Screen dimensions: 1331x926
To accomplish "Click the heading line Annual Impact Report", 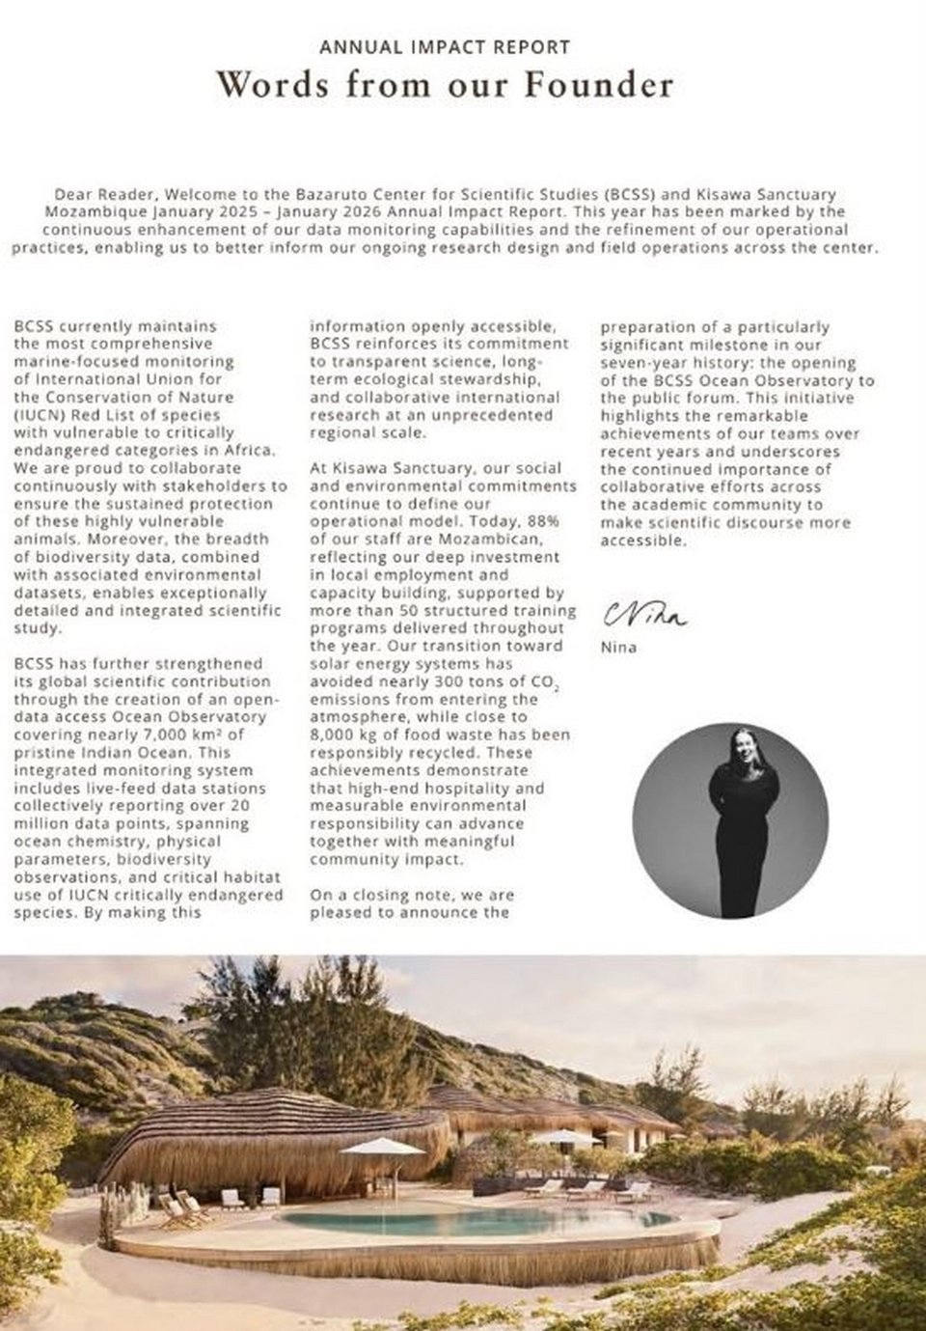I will coord(445,46).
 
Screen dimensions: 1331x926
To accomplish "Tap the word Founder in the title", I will coord(598,85).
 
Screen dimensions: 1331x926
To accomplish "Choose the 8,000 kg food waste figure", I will coord(342,735).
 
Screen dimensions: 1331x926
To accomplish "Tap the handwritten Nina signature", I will coord(645,614).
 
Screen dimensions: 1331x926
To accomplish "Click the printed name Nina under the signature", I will coord(618,648).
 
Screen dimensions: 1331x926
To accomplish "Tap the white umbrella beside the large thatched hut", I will coord(382,1147).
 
